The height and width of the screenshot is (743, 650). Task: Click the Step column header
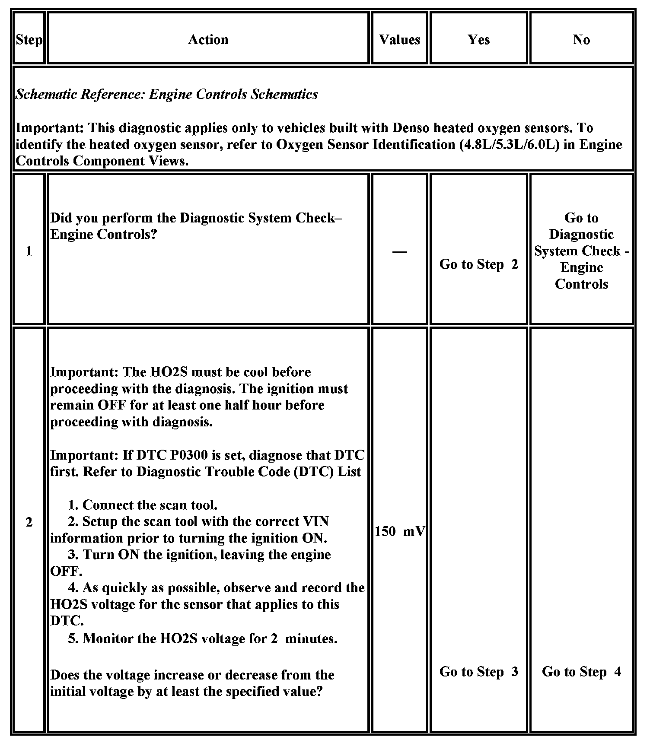pyautogui.click(x=29, y=40)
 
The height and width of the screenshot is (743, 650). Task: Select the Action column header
pyautogui.click(x=208, y=40)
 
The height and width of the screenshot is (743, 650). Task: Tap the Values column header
pyautogui.click(x=399, y=40)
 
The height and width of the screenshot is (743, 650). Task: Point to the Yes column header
pyautogui.click(x=478, y=40)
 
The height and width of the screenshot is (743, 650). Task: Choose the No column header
pyautogui.click(x=581, y=40)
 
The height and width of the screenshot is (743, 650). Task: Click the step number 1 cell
pyautogui.click(x=29, y=251)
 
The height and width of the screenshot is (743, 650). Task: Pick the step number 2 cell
pyautogui.click(x=29, y=522)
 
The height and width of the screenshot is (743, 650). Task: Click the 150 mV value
pyautogui.click(x=399, y=531)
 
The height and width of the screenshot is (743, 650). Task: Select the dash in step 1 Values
pyautogui.click(x=399, y=251)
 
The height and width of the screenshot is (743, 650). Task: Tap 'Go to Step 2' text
pyautogui.click(x=478, y=264)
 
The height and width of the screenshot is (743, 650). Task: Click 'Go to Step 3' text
pyautogui.click(x=478, y=671)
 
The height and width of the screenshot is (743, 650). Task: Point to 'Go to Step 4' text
pyautogui.click(x=581, y=671)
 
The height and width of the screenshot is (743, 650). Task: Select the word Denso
pyautogui.click(x=411, y=128)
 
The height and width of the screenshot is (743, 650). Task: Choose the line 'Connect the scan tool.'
pyautogui.click(x=143, y=505)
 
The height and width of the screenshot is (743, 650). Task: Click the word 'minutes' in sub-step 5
pyautogui.click(x=311, y=638)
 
